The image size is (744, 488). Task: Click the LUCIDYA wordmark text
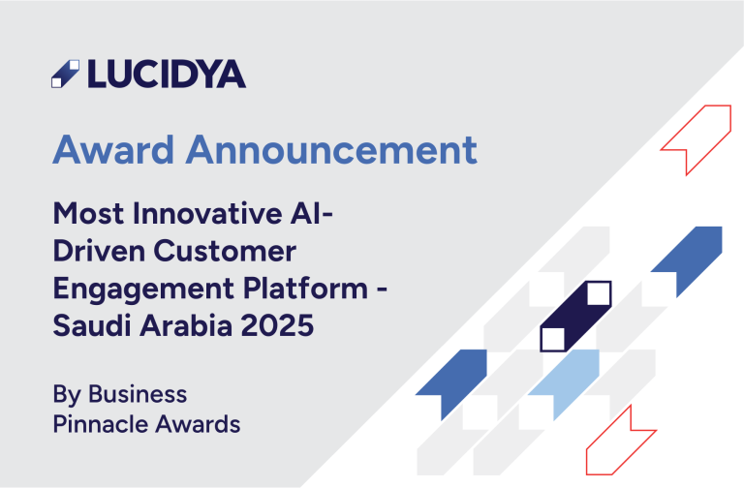point(167,74)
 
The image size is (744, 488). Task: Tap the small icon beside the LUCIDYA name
point(66,74)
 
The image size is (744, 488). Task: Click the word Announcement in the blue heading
point(331,150)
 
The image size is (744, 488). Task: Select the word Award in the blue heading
point(113,150)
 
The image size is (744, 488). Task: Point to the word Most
point(88,213)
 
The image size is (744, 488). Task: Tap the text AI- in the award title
point(312,213)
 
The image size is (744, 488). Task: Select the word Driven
point(99,251)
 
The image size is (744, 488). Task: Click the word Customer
point(225,251)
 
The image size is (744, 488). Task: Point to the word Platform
point(305,288)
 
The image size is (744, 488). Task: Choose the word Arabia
point(186,325)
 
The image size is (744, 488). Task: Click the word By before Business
point(67,395)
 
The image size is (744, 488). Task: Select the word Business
point(138,394)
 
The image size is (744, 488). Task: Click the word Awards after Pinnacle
point(198,424)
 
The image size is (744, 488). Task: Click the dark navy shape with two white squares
point(575,317)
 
